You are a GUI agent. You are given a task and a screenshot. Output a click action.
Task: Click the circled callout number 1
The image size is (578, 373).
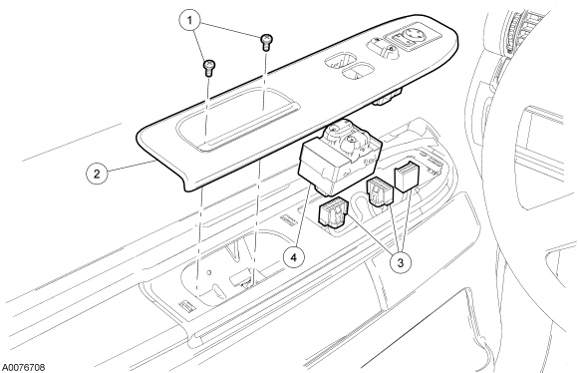pyautogui.click(x=189, y=21)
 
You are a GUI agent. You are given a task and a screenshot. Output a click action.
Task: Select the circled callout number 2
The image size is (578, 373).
pyautogui.click(x=97, y=174)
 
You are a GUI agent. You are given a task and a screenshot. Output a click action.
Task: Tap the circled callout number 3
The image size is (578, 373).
pyautogui.click(x=401, y=262)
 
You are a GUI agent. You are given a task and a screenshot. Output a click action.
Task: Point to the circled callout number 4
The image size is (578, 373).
pyautogui.click(x=293, y=257)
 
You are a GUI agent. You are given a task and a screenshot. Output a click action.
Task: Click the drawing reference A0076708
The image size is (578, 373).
pyautogui.click(x=24, y=367)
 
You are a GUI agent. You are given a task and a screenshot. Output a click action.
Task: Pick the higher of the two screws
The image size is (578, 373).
pyautogui.click(x=266, y=42)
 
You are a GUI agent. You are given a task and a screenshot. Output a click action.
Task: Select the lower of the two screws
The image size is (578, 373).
pyautogui.click(x=209, y=68)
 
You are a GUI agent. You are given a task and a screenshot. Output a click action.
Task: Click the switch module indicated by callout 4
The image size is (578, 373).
pyautogui.click(x=339, y=159)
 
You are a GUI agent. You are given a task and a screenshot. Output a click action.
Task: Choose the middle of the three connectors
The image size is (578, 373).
pyautogui.click(x=379, y=190)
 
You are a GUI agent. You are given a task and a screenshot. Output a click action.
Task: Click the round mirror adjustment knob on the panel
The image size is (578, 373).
pyautogui.click(x=412, y=36)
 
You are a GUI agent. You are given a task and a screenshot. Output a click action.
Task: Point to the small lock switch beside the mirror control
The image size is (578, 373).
pyautogui.click(x=384, y=48)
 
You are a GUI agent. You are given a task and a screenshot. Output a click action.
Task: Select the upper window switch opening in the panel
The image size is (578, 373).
pyautogui.click(x=340, y=61)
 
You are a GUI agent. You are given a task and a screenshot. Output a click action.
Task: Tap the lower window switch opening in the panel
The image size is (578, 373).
pyautogui.click(x=358, y=70)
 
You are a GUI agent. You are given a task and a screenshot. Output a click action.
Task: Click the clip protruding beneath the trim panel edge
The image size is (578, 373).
pyautogui.click(x=387, y=98)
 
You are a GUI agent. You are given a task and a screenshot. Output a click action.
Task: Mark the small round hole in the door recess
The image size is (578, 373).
pyautogui.click(x=209, y=273)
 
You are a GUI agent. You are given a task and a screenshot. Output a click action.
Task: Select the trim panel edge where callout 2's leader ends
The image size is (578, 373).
pyautogui.click(x=153, y=162)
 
